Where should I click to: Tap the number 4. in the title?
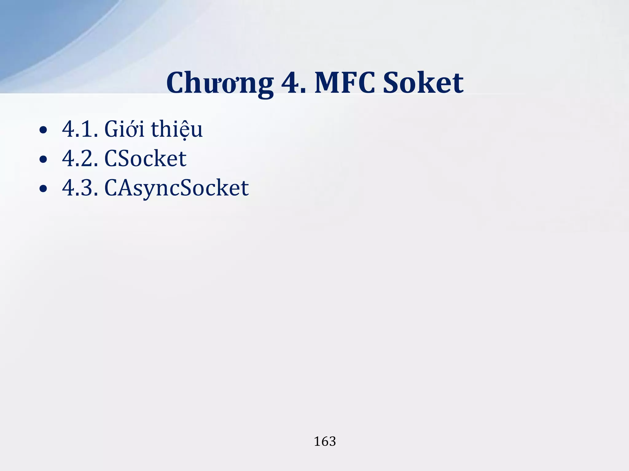(294, 83)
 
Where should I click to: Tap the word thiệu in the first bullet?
(177, 129)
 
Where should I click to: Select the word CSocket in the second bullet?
(145, 159)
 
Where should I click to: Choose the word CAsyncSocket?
(177, 188)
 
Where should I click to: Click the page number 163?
(325, 442)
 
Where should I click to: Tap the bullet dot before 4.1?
(43, 130)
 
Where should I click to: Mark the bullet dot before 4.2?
(43, 159)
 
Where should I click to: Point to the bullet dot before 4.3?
(43, 189)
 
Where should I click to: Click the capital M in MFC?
(328, 83)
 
